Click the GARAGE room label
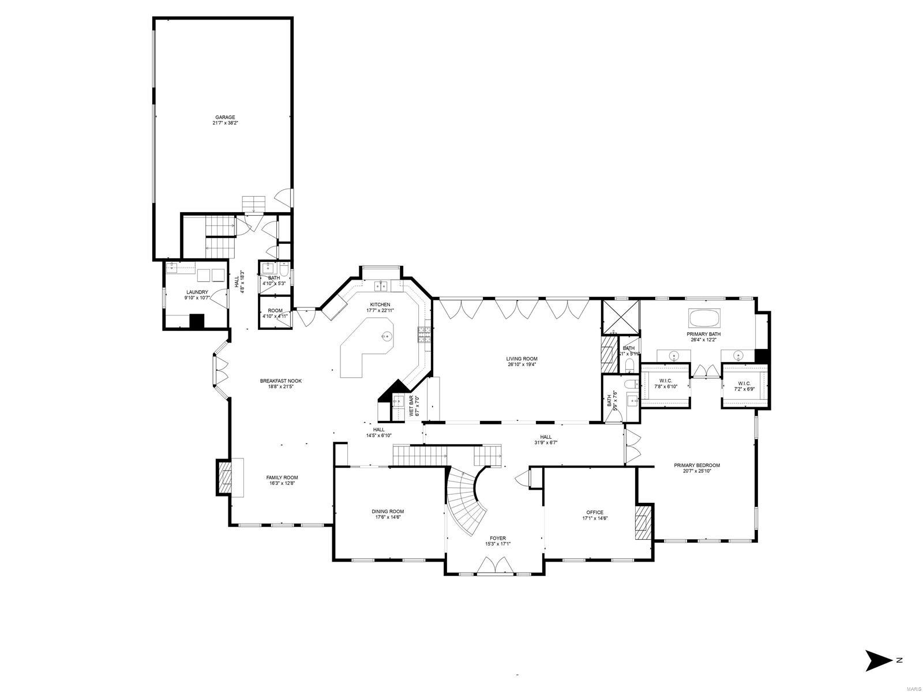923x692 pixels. coord(225,117)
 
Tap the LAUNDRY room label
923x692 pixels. coord(197,292)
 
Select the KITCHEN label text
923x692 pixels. coord(380,304)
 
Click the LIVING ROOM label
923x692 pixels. coord(521,359)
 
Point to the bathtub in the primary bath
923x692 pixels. coord(704,318)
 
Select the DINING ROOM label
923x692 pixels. coord(388,512)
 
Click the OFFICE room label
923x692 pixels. coord(595,512)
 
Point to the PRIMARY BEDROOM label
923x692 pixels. coord(697,465)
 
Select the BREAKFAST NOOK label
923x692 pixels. coord(281,381)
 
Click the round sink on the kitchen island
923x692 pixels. coord(387,336)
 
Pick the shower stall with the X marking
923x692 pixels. coord(621,317)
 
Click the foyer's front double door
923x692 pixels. coord(494,566)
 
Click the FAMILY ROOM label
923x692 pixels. coord(282,477)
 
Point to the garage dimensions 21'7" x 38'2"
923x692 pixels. coord(225,123)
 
